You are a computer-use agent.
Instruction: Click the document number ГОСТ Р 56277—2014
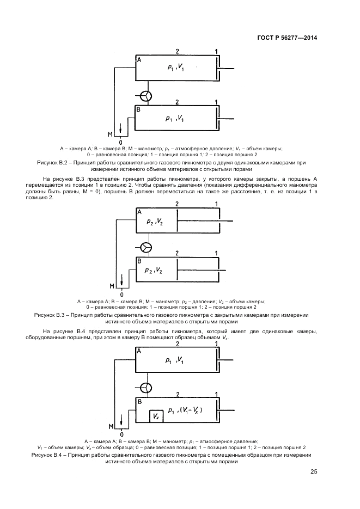[286, 38]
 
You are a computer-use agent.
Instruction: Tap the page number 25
[314, 472]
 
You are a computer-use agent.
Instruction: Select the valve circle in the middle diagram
[145, 247]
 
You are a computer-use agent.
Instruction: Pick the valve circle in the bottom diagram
[145, 387]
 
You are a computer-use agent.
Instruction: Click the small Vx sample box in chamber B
[156, 416]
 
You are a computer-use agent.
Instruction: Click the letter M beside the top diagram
[110, 133]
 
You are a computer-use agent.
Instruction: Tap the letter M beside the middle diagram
[112, 285]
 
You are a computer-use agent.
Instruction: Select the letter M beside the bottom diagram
[111, 425]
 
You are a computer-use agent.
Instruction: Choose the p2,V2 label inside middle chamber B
[153, 271]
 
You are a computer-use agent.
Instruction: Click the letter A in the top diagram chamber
[139, 60]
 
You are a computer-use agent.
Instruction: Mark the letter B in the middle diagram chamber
[139, 261]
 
